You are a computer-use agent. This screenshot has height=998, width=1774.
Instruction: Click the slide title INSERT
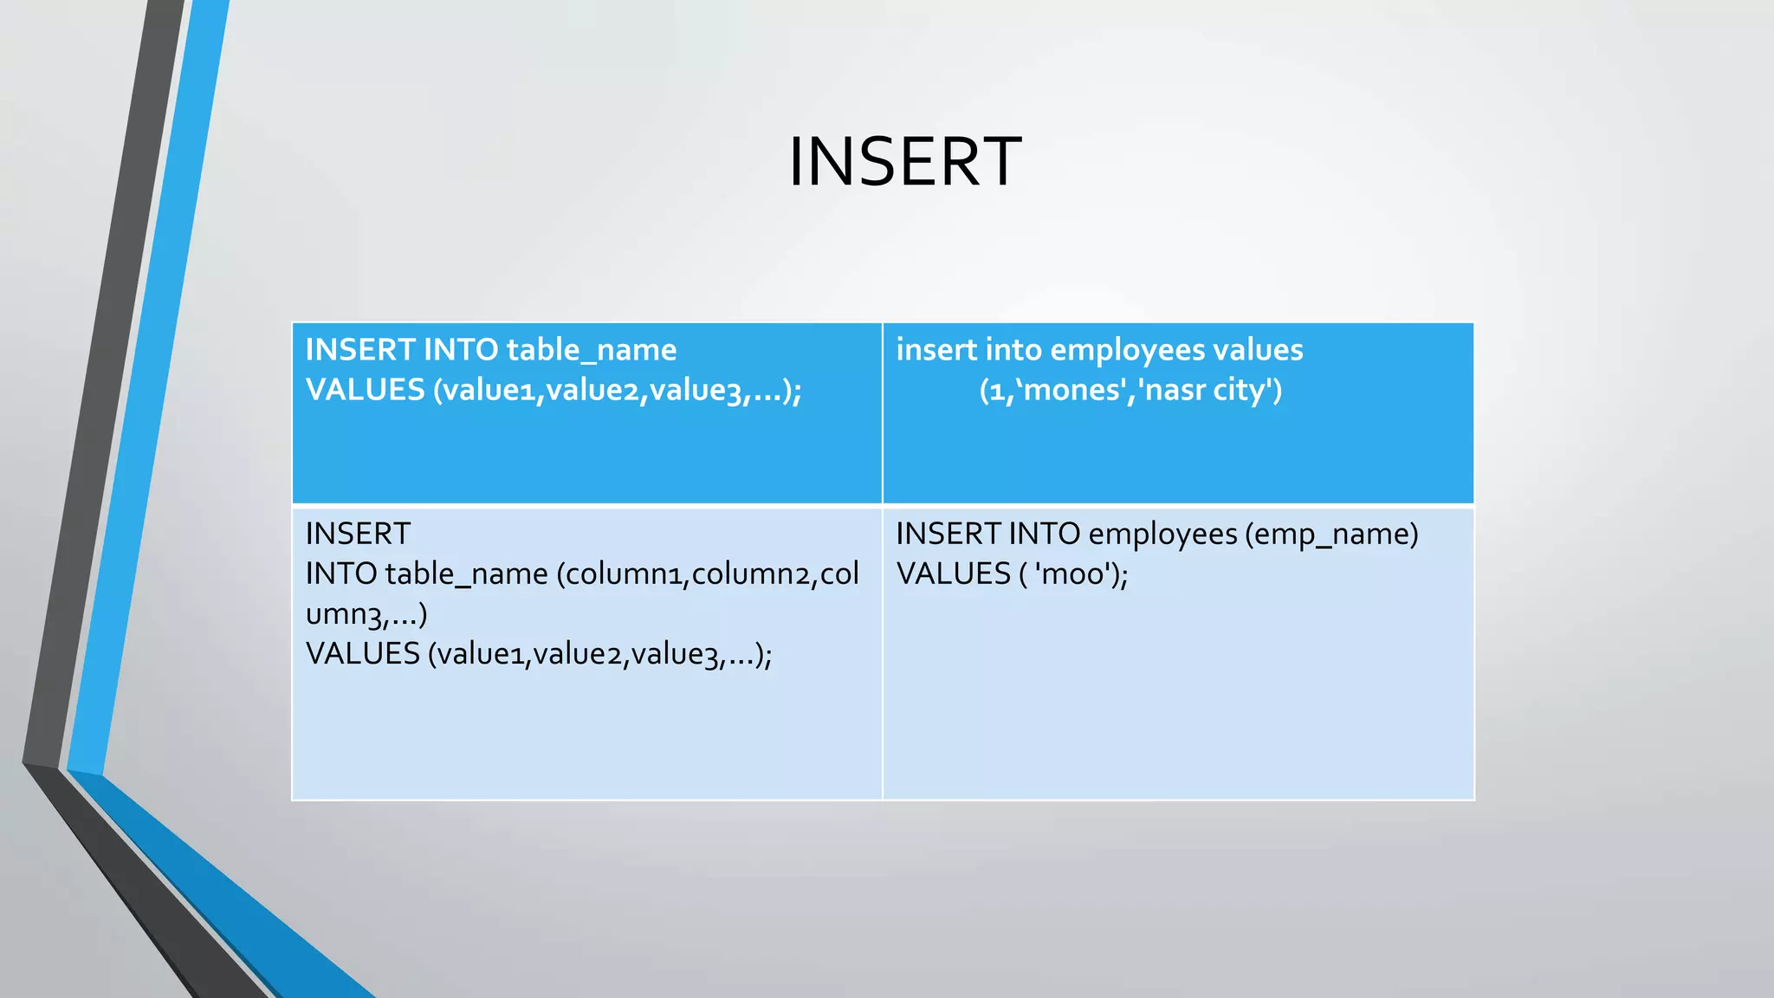click(x=904, y=162)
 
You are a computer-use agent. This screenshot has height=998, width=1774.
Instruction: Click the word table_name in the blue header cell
click(x=591, y=350)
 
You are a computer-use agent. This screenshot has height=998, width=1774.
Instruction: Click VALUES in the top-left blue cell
click(x=365, y=390)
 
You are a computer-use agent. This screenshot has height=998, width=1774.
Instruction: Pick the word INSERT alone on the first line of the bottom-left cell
click(x=358, y=534)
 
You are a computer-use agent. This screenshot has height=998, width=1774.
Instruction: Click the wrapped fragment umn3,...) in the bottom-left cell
click(x=366, y=614)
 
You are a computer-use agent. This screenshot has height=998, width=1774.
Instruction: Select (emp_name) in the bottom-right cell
click(x=1331, y=534)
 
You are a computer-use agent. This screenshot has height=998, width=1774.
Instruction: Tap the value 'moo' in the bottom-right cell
click(x=1077, y=574)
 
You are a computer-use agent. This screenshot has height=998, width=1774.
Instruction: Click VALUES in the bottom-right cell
click(x=954, y=574)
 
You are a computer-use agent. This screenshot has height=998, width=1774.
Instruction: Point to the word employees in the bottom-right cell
click(x=1162, y=534)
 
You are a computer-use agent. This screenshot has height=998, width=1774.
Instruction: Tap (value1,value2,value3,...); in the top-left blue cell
click(x=618, y=390)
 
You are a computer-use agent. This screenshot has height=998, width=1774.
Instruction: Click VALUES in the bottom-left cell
click(x=362, y=653)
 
